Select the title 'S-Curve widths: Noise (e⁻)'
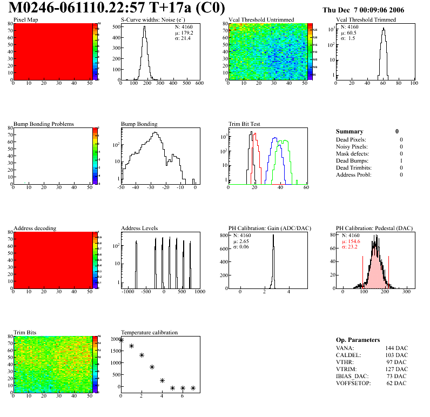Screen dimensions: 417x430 pos(153,20)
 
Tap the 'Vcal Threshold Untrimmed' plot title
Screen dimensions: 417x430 pos(261,20)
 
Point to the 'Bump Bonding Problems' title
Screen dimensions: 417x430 pos(44,124)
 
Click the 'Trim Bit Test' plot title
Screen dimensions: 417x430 pos(245,124)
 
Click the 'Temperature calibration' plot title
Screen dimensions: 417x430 pos(150,333)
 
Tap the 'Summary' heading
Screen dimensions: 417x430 pos(350,131)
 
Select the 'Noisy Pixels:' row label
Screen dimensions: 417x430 pos(352,147)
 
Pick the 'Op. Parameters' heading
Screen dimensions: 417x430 pos(358,340)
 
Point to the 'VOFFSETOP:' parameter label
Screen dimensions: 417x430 pos(354,384)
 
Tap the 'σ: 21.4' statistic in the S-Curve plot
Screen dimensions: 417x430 pos(185,39)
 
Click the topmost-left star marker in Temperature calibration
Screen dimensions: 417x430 pos(121,340)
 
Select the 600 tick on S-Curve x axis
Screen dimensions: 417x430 pos(199,83)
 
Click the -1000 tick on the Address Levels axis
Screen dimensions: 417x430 pos(127,292)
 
